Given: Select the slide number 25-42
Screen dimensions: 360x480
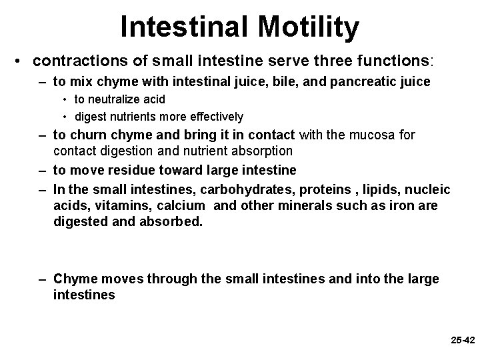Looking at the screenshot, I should pos(462,340).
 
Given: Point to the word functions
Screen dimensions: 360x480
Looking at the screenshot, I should pos(389,61).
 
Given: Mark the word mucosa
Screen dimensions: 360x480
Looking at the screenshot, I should pos(377,135).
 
